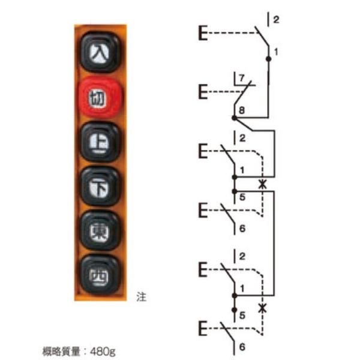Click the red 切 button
(x=100, y=98)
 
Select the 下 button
(x=100, y=187)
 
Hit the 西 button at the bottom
(x=100, y=275)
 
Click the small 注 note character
(x=141, y=296)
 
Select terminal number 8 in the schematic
(x=242, y=110)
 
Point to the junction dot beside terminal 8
(x=234, y=119)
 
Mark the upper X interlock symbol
(x=261, y=184)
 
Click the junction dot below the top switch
(x=268, y=59)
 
